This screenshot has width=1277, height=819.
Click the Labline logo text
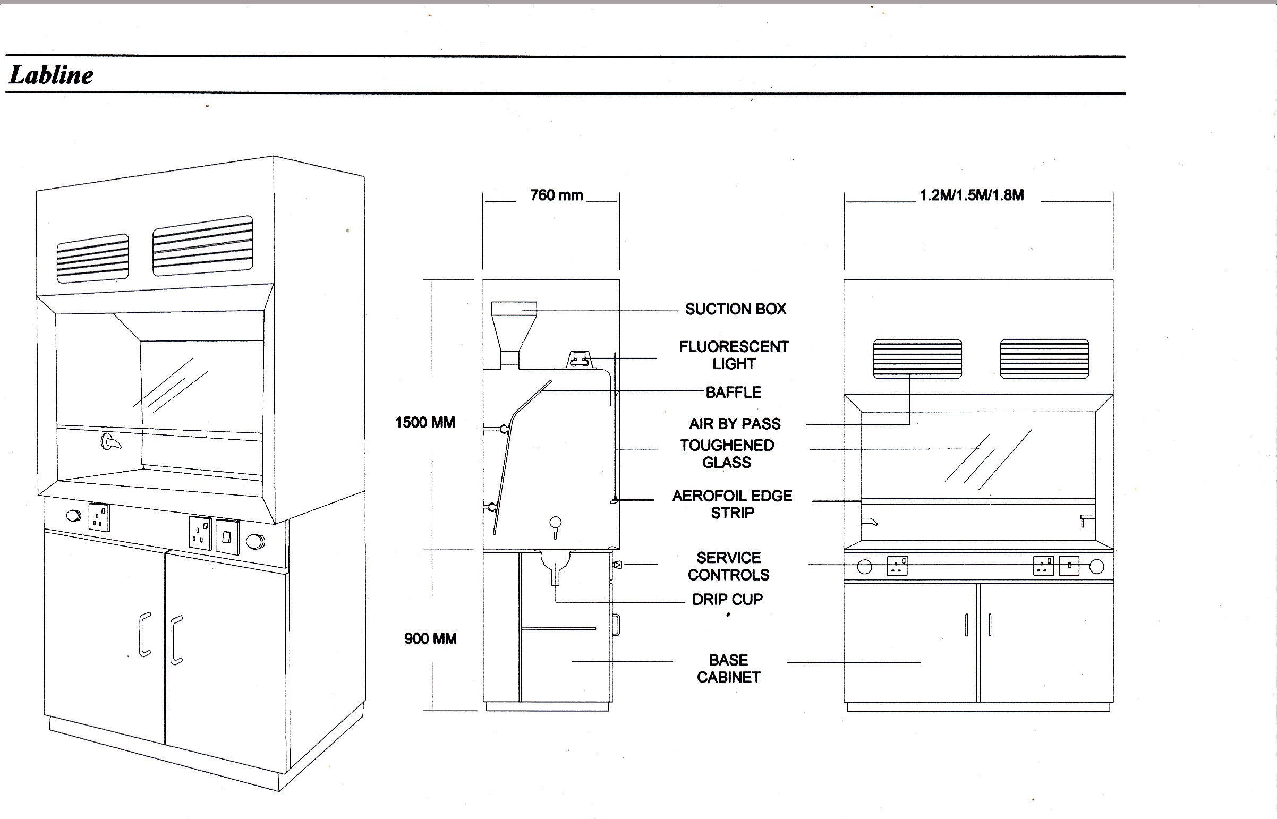tap(52, 75)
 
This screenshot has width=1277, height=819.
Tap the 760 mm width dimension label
tap(556, 195)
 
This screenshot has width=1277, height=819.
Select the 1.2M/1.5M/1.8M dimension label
tap(972, 195)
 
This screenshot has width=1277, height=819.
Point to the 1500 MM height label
tap(425, 423)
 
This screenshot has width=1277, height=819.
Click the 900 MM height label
tap(430, 639)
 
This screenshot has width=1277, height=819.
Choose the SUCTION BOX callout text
tap(736, 309)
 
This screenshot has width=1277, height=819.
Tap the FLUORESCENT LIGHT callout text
tap(734, 355)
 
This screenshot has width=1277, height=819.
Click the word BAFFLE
tap(734, 393)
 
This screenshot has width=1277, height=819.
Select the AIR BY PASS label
tap(735, 424)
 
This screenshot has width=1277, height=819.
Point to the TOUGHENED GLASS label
tap(727, 454)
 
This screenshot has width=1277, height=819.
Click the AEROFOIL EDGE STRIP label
tap(733, 504)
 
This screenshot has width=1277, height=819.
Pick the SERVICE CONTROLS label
tap(729, 566)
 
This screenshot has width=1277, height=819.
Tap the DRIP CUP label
tap(727, 599)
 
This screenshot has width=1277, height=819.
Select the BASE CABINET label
tap(729, 669)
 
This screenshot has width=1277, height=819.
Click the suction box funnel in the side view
tap(513, 330)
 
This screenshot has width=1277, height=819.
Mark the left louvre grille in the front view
tap(917, 359)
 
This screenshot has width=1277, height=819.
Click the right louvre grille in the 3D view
tap(202, 246)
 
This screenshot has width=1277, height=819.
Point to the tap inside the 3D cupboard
tap(110, 442)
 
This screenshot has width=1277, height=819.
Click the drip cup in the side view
tap(556, 566)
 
